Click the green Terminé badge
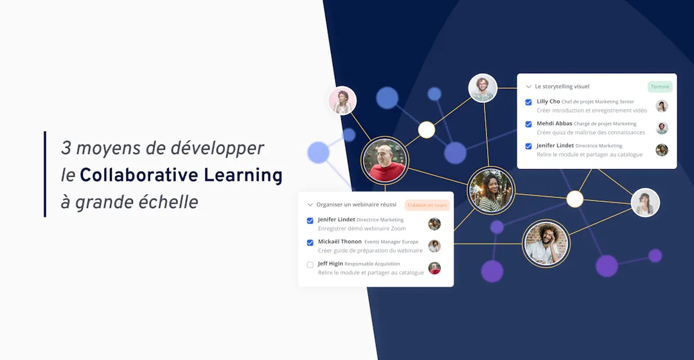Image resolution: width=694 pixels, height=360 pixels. pos(660,87)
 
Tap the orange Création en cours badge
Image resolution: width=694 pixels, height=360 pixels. pos(427,206)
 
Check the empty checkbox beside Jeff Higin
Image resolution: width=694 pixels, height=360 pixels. pos(310,265)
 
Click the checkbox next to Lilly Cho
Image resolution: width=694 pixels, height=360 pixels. pos(528,102)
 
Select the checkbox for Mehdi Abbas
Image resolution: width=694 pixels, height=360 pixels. pos(528,124)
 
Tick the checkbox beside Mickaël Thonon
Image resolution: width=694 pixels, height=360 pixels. pos(310,242)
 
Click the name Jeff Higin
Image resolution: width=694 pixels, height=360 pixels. pos(330,264)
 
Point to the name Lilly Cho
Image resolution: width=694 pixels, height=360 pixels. pos(548,102)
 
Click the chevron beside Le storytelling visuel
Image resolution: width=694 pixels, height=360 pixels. pos(528,87)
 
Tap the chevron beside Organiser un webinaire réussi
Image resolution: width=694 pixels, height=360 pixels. pos(310,205)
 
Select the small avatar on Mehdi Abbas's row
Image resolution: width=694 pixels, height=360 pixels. pos(662,128)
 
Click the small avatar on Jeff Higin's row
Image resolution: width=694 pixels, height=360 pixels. pos(434,268)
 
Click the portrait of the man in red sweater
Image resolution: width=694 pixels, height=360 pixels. pos(384,160)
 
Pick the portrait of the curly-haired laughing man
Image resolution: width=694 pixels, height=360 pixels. pos(546,244)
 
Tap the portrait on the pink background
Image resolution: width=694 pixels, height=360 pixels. pos(343,101)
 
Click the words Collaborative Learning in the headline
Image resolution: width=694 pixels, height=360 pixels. pos(181,175)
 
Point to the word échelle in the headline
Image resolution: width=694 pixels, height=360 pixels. pos(170,202)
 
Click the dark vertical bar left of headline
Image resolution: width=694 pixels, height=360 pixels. pos(45,174)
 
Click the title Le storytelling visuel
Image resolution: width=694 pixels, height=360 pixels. pos(562,87)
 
